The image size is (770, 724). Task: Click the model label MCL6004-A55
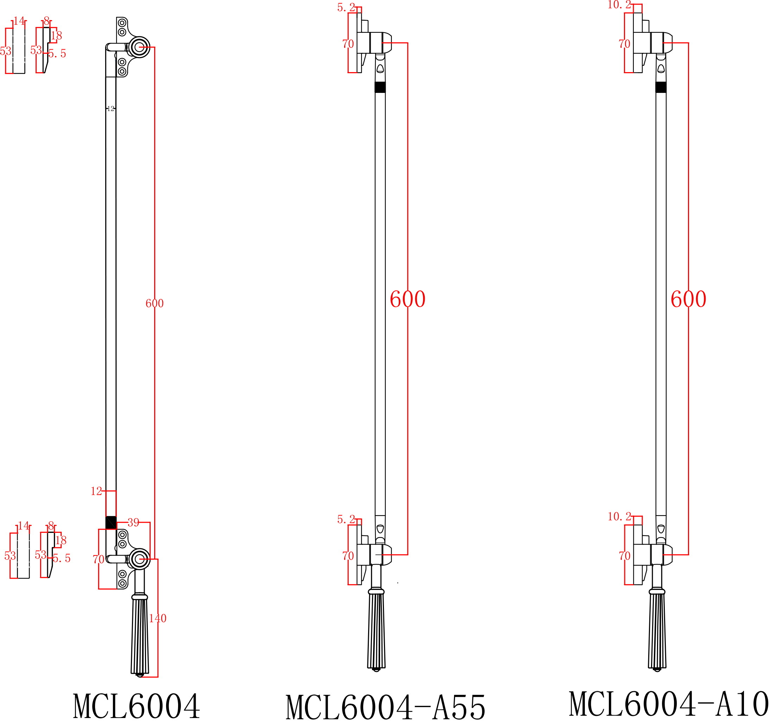[386, 707]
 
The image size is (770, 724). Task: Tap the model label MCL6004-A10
[669, 704]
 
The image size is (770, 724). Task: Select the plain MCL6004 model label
[136, 706]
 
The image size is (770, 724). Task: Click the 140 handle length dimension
[158, 618]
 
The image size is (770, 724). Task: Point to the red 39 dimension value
[133, 523]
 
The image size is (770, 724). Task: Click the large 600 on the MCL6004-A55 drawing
[408, 299]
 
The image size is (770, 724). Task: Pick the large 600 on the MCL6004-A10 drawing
[688, 299]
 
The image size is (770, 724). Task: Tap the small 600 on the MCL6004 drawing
[154, 303]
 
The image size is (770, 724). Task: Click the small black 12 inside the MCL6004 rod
[111, 109]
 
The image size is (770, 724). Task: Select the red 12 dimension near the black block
[96, 491]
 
